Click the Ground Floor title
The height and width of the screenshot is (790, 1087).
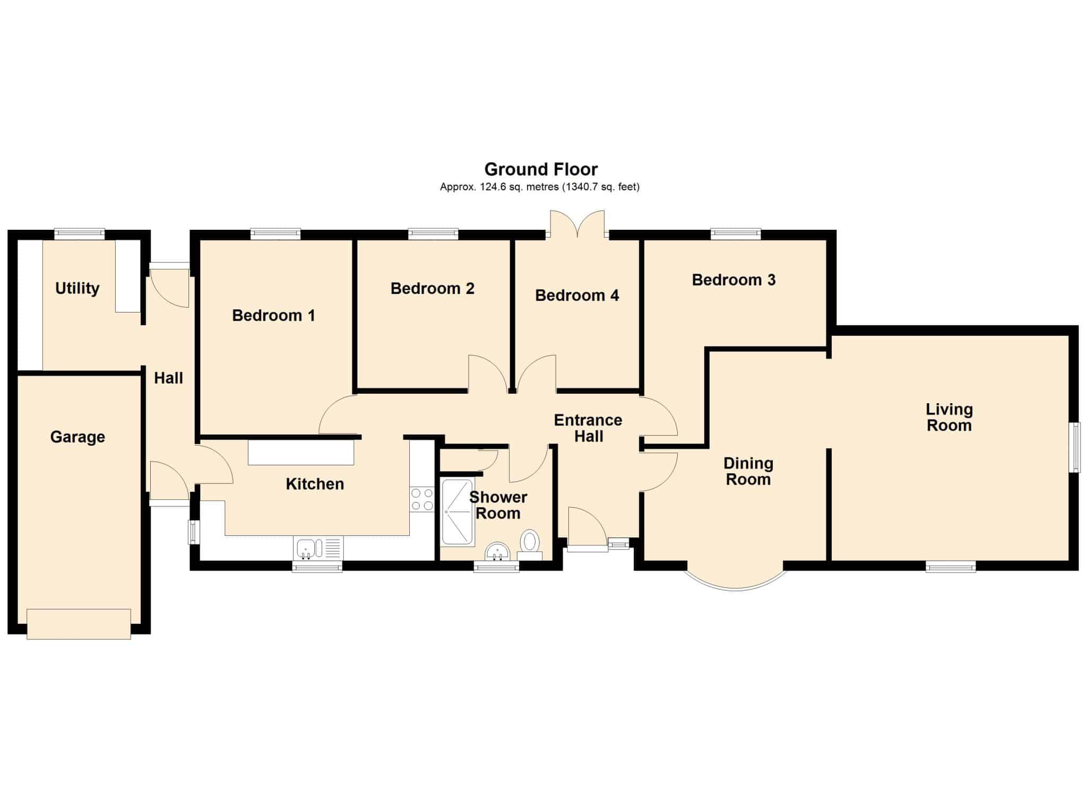(x=541, y=169)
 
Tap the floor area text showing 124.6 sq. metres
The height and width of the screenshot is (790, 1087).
(x=540, y=187)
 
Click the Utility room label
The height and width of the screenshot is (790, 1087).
(x=77, y=289)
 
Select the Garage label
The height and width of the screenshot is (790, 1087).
(x=77, y=437)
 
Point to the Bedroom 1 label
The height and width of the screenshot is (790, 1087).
(x=274, y=316)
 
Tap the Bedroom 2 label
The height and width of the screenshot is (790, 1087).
(x=433, y=289)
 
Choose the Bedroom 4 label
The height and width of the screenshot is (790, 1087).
(x=577, y=296)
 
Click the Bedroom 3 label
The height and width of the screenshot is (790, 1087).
(x=734, y=280)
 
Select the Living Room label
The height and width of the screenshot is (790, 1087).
(x=950, y=418)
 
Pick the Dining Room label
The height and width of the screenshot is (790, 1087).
(x=748, y=472)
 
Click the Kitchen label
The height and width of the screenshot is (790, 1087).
(x=315, y=484)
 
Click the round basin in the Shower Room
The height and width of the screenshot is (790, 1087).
(x=498, y=551)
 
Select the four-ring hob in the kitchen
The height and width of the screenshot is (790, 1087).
(x=422, y=500)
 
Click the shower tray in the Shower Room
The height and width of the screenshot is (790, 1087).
(x=458, y=512)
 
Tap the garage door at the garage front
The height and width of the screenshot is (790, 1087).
(x=79, y=624)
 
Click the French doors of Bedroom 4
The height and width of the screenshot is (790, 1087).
(x=577, y=224)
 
